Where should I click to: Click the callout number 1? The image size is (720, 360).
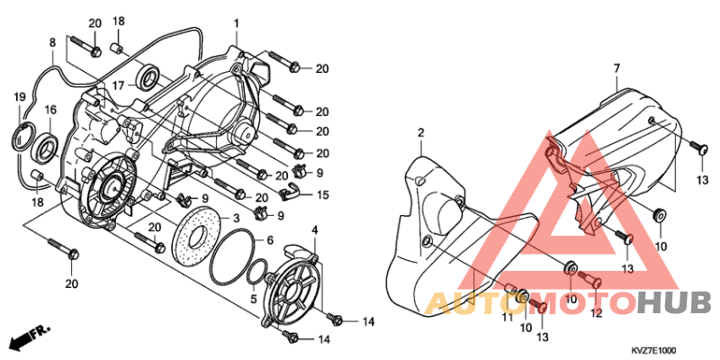pos(236,23)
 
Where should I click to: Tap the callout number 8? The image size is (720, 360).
pos(53,43)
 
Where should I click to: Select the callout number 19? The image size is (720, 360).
pos(19,97)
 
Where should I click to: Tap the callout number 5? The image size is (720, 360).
pos(253,299)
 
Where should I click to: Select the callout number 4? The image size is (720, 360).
pos(314,229)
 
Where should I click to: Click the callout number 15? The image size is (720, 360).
pos(323,195)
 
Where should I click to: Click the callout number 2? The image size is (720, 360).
pos(420,133)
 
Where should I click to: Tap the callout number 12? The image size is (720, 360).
pos(596,313)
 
